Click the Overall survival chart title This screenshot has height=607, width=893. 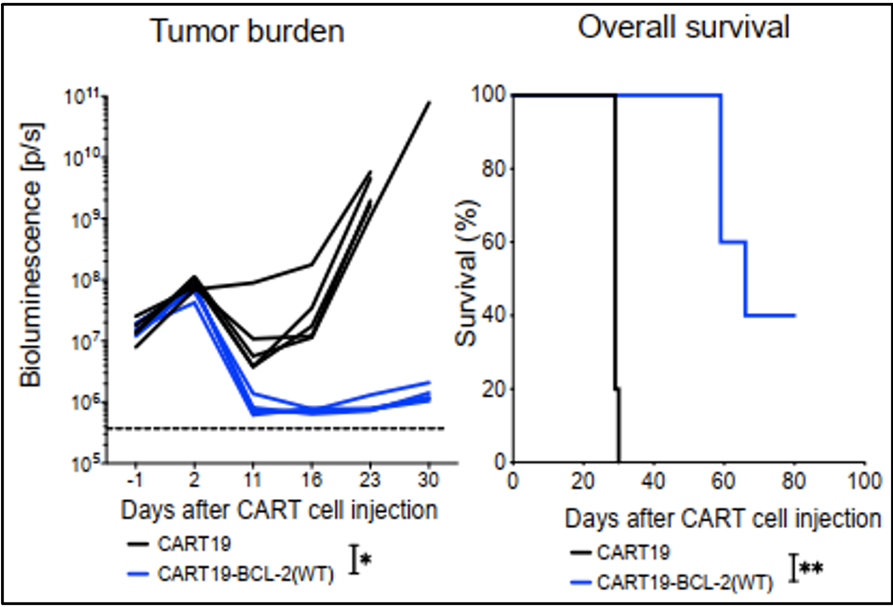pyautogui.click(x=684, y=27)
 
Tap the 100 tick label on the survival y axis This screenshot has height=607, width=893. pyautogui.click(x=488, y=96)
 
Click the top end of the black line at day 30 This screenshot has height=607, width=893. pyautogui.click(x=429, y=102)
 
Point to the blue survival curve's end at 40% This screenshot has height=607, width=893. pyautogui.click(x=794, y=316)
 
